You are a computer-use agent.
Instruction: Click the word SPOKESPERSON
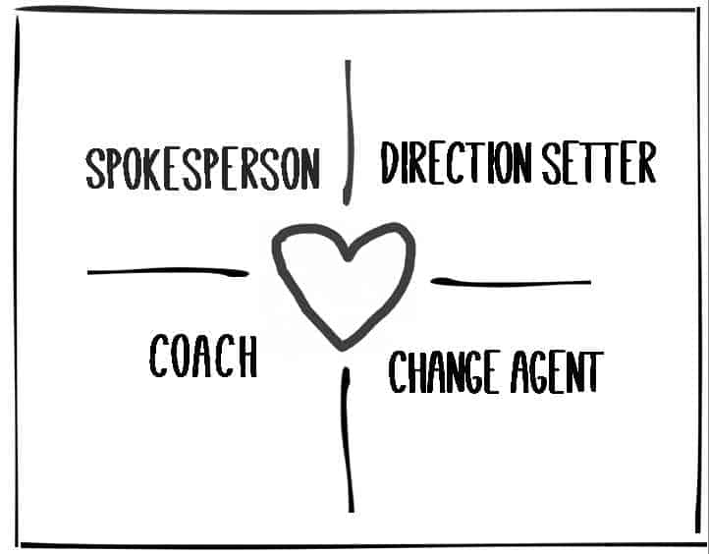click(203, 169)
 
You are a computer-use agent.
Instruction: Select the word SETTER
click(599, 163)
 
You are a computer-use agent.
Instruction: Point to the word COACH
click(203, 356)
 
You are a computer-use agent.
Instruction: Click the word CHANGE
click(445, 371)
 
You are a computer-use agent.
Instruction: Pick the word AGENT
click(557, 371)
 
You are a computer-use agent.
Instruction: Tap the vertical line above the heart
click(349, 133)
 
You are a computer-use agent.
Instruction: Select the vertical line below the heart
click(348, 440)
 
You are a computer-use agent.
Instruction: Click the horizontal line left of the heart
click(168, 271)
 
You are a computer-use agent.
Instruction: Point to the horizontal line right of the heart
click(511, 283)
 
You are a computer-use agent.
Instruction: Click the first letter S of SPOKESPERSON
click(96, 169)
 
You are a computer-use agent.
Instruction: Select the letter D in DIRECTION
click(389, 163)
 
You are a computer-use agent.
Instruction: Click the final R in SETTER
click(647, 163)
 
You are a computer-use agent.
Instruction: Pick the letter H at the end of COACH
click(248, 356)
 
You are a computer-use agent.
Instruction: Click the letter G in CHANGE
click(474, 371)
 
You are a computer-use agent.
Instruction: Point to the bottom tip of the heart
click(343, 349)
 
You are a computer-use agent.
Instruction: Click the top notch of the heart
click(348, 258)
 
